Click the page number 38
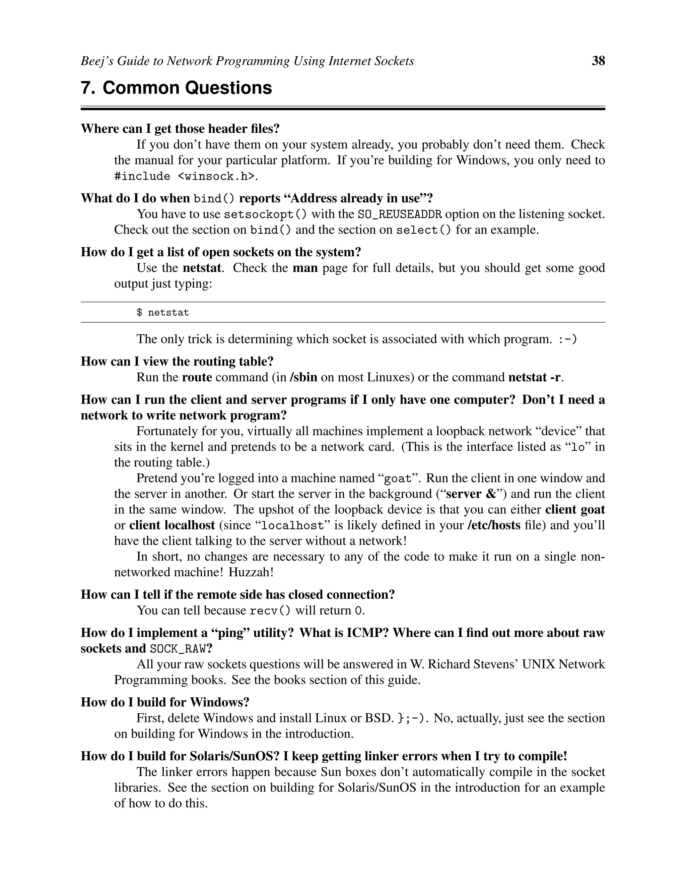(598, 61)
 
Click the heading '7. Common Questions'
(177, 88)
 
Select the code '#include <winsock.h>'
(186, 177)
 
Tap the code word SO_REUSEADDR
(400, 214)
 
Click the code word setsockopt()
(265, 214)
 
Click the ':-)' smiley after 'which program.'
(568, 339)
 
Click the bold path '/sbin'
(303, 377)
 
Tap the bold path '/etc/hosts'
(494, 525)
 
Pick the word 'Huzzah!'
(251, 572)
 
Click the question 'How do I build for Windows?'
(165, 702)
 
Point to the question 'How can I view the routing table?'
(177, 362)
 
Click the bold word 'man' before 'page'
(305, 268)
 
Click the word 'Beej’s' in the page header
(97, 61)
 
